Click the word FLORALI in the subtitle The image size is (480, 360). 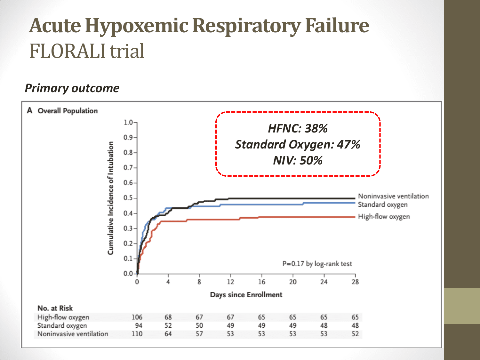[68, 51]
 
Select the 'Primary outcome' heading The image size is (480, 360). [72, 88]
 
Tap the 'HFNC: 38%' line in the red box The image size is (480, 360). [298, 128]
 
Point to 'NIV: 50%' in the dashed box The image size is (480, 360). [298, 160]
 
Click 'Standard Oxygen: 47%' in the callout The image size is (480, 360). [298, 145]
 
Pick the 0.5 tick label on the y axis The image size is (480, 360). [128, 198]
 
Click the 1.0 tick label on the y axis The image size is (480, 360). [128, 123]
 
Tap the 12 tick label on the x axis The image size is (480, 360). [230, 282]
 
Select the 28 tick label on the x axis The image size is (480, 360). [355, 282]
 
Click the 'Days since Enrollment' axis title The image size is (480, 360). [246, 295]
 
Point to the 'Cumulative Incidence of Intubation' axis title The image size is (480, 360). [111, 198]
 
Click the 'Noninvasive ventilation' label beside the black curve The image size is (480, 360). [393, 196]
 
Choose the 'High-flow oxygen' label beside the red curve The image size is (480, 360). [384, 217]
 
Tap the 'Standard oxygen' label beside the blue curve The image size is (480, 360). [383, 204]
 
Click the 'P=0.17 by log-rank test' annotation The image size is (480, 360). [317, 264]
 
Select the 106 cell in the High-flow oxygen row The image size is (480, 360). [137, 317]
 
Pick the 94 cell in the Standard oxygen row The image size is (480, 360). [139, 326]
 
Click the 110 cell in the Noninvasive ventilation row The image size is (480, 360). [137, 334]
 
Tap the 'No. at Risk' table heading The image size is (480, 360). [55, 308]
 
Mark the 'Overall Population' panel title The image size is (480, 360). [68, 111]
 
